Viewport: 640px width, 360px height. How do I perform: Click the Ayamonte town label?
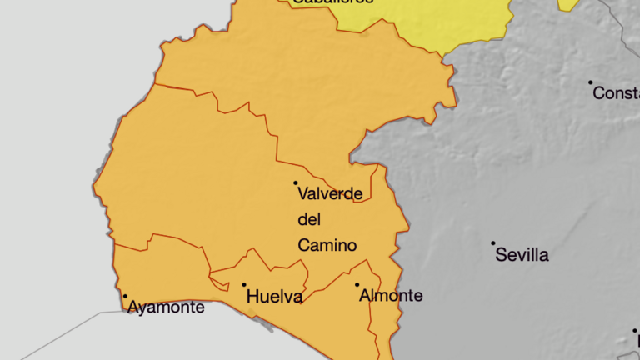(x=166, y=307)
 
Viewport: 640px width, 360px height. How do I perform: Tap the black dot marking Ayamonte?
(x=126, y=296)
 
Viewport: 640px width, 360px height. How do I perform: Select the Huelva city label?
(x=275, y=297)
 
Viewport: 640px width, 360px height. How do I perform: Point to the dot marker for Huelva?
(x=244, y=285)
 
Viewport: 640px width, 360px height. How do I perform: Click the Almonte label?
(x=391, y=296)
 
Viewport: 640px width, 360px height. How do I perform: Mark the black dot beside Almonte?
(x=357, y=285)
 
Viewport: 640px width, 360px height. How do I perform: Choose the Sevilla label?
(x=522, y=255)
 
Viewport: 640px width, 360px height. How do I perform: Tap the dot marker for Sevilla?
(x=493, y=243)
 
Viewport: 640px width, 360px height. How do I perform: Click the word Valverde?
(x=330, y=194)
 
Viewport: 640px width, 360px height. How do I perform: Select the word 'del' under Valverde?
(x=309, y=220)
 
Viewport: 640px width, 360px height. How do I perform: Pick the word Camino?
(x=327, y=246)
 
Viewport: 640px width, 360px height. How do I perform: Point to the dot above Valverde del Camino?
(x=295, y=182)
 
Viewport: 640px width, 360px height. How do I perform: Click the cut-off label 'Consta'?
(x=616, y=93)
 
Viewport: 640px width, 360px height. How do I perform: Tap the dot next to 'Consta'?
(x=591, y=82)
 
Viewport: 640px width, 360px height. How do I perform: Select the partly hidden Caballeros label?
(x=332, y=2)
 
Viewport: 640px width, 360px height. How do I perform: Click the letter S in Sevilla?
(x=502, y=255)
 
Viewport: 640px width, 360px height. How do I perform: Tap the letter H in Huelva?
(x=253, y=297)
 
